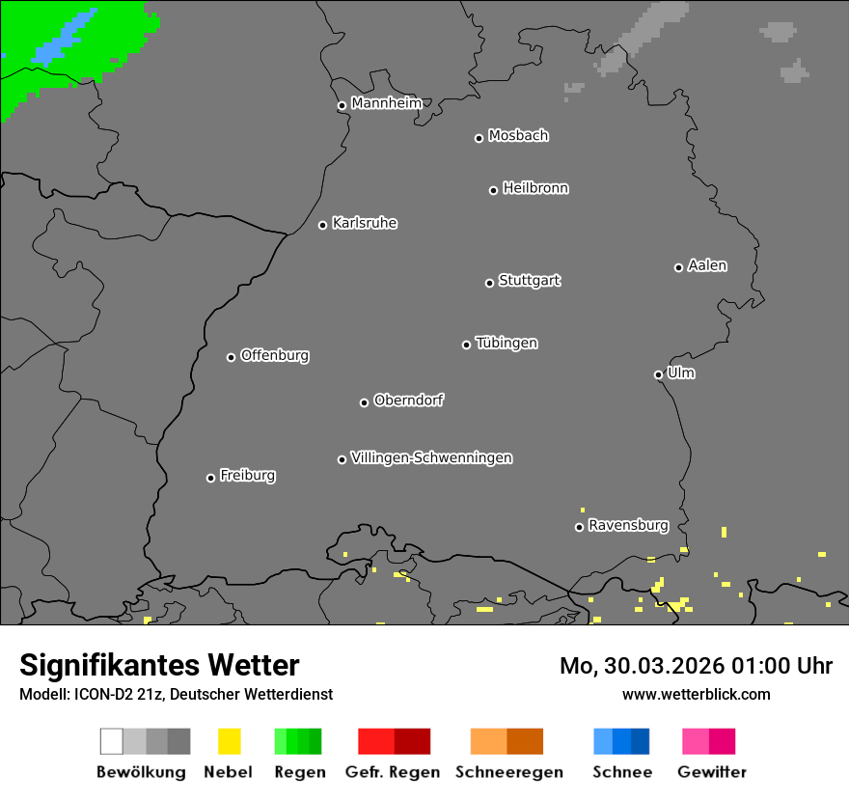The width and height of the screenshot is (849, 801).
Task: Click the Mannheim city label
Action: coord(386,103)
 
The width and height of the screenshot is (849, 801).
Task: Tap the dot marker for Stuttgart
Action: coord(489,283)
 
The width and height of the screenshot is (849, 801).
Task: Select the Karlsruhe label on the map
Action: coord(365,223)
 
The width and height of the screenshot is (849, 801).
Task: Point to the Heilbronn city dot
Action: coord(493,190)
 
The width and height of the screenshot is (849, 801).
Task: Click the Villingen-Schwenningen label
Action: coord(431,457)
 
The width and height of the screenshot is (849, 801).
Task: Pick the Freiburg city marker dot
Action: coord(210,478)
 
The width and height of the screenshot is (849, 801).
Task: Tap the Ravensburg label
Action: coord(628,525)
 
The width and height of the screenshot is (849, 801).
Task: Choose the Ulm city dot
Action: coord(658,374)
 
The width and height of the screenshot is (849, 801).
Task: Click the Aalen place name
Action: coord(707,265)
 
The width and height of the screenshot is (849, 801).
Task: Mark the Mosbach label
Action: coord(518,136)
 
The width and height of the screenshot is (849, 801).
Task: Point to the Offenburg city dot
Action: coord(231,357)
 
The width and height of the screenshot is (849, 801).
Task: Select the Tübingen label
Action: coord(507,343)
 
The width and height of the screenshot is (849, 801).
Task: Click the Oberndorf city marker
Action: coord(364,402)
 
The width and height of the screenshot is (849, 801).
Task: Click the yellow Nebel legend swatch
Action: coord(229,741)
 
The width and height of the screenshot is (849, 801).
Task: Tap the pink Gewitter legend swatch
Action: coord(708,741)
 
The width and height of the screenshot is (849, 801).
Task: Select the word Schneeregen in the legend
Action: coord(509,772)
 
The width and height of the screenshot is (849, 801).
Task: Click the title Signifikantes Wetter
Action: coord(159,665)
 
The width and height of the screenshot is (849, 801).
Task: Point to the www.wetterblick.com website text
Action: coord(696,694)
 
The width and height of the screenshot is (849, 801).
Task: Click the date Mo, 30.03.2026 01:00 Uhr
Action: coord(696,666)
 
